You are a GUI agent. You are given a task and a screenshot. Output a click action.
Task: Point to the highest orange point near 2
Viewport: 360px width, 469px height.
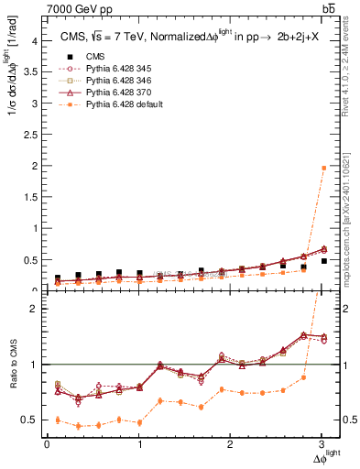(322, 168)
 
